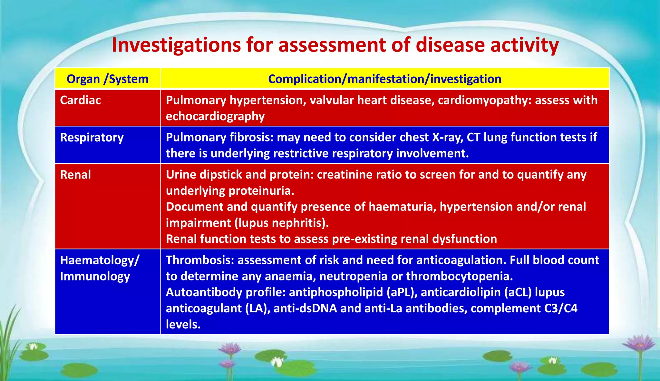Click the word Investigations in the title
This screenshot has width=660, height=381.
176,45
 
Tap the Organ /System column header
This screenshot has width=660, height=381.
107,79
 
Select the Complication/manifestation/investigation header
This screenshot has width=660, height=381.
384,79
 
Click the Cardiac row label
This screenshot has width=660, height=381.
80,100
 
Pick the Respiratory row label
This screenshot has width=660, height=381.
92,138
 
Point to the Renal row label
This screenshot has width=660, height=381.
75,175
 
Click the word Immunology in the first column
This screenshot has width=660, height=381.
95,277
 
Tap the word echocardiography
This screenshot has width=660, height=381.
215,116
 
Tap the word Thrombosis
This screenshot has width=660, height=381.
200,260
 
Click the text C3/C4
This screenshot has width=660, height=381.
561,308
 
